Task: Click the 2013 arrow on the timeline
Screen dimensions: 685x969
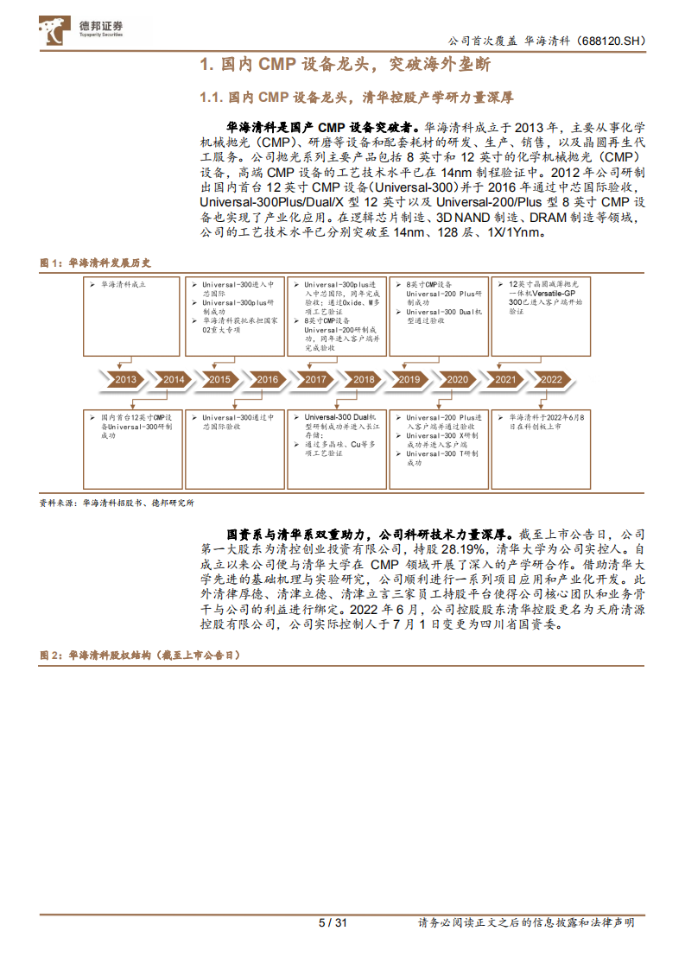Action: point(126,379)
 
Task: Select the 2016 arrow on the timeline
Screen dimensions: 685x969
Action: point(268,379)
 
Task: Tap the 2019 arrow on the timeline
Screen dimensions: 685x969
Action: point(409,379)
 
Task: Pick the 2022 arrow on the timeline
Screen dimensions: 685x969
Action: point(551,379)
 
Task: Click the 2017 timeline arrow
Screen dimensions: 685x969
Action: point(315,379)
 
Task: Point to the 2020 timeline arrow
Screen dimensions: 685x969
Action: point(457,379)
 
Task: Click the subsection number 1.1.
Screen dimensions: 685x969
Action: point(212,97)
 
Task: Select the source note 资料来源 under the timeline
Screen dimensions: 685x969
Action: point(117,502)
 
